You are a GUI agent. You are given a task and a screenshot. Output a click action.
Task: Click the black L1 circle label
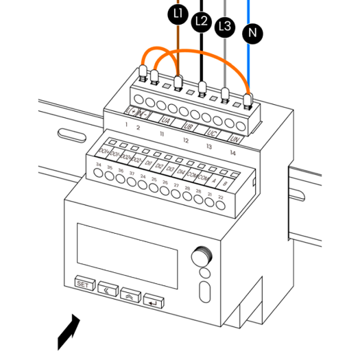tap(178, 14)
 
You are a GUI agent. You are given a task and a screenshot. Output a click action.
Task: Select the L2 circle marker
tap(201, 21)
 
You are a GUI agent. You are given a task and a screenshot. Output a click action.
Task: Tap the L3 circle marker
tap(224, 27)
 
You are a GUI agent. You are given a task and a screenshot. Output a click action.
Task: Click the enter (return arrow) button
tap(155, 301)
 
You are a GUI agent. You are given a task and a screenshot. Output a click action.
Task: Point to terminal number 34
tap(99, 165)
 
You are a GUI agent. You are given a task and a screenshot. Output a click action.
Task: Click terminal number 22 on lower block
tap(220, 197)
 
